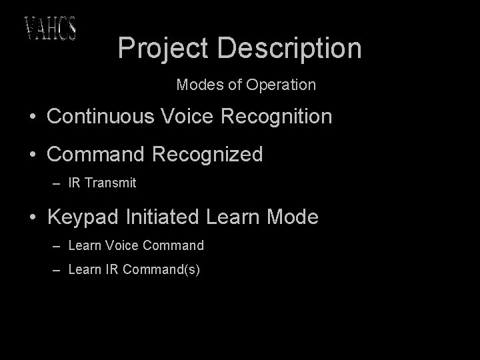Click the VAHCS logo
tap(50, 28)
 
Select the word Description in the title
tap(289, 48)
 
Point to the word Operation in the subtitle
tap(281, 85)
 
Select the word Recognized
tap(207, 155)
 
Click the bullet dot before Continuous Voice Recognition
tap(32, 117)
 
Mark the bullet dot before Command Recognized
tap(32, 155)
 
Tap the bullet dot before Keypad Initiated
tap(32, 218)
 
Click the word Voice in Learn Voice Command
tap(120, 245)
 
